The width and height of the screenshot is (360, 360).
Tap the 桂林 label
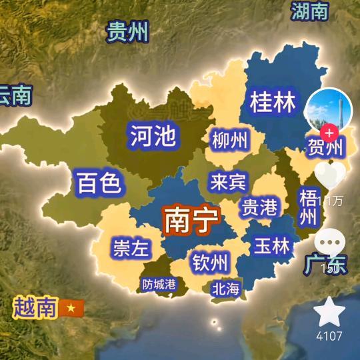[273, 103]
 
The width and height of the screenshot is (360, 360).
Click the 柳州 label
[229, 141]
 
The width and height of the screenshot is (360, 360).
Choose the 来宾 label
[227, 182]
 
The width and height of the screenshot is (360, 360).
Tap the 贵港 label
[259, 207]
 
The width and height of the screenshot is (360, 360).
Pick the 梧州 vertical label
[307, 207]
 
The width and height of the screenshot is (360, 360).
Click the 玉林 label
[272, 246]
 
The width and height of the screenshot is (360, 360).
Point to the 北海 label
[225, 289]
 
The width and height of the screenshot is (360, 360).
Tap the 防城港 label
[159, 284]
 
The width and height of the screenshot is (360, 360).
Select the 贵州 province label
[128, 31]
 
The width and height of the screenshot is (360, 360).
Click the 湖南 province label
[310, 11]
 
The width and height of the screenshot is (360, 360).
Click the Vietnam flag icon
[68, 308]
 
